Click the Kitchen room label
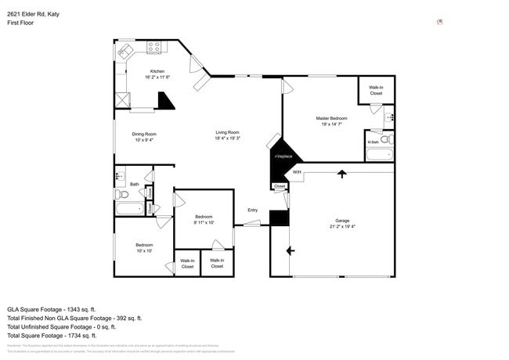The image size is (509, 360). (157, 71)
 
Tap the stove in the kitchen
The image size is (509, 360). (153, 47)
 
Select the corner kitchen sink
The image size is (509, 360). (125, 52)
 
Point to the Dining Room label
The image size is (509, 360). (144, 134)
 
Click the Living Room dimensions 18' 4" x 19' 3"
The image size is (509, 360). (228, 139)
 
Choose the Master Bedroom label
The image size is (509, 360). (331, 118)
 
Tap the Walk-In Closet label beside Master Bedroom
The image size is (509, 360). (376, 91)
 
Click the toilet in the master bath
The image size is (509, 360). (386, 139)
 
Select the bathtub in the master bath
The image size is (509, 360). (379, 154)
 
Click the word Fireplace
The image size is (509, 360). (283, 157)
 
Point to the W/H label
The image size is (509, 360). (297, 172)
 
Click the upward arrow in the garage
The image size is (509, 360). (341, 174)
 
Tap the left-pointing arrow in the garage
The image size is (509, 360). (290, 250)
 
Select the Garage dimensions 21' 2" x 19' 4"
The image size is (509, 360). (342, 227)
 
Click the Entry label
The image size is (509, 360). (252, 210)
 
